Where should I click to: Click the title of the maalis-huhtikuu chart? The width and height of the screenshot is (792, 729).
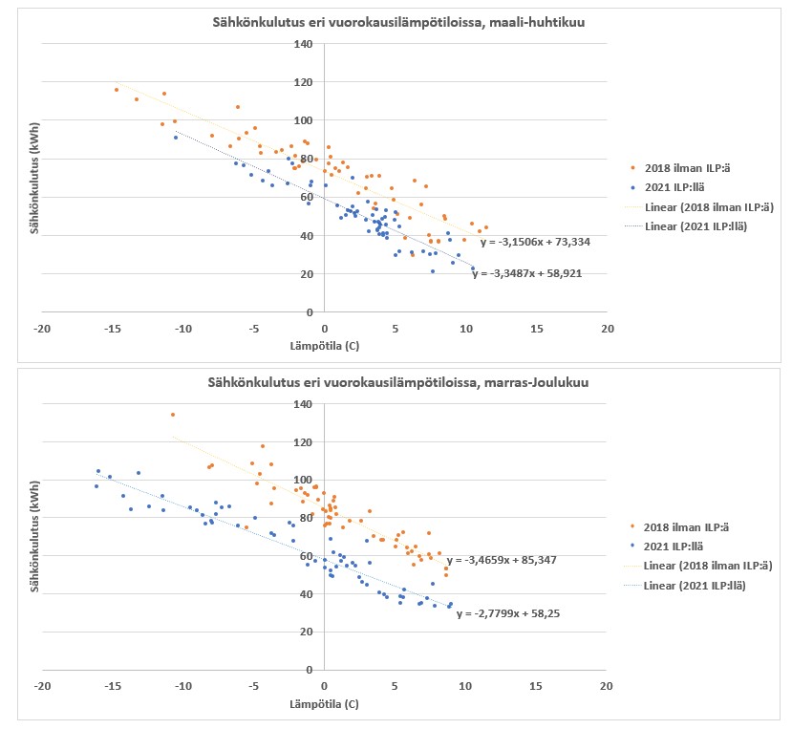point(397,23)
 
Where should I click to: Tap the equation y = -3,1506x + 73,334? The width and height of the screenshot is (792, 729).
point(535,242)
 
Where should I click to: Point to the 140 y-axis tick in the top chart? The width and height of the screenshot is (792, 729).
point(304,44)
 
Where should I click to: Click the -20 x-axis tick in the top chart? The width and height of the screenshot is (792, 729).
point(41,328)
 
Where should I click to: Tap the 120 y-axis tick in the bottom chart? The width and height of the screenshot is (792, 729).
point(304,441)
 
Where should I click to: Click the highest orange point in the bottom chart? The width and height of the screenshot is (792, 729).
point(173,415)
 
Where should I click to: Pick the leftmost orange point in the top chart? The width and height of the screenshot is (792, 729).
point(117,90)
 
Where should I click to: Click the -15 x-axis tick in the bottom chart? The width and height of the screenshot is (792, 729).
point(112,688)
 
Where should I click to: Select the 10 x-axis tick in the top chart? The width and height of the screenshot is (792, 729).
point(465,328)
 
